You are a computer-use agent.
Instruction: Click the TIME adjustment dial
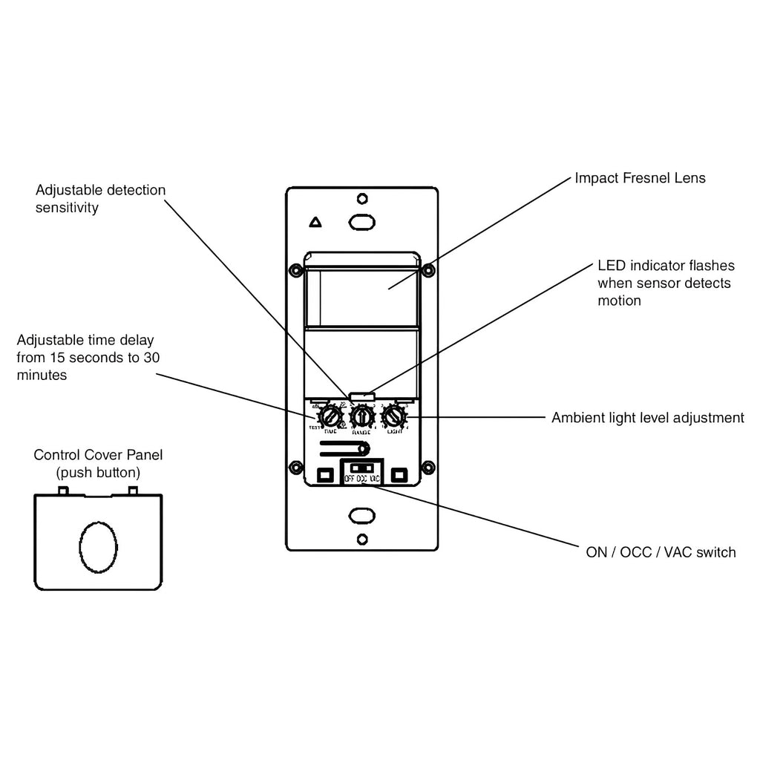pos(330,419)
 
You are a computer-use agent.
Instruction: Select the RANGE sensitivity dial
pos(361,417)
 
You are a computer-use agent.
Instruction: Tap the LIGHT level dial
pos(393,419)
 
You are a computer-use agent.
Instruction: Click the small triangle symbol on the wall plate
pos(315,222)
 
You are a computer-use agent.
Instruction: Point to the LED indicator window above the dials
pos(361,397)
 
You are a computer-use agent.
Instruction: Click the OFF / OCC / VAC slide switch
pos(361,469)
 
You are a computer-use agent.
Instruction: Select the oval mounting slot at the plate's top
pos(361,222)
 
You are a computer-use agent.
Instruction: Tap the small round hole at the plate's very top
pos(361,198)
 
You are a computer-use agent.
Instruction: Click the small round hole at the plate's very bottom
pos(361,538)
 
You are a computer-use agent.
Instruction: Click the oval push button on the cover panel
pos(97,547)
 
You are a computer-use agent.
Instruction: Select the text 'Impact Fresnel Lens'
pos(640,179)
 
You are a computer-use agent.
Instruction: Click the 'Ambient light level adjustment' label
pos(647,418)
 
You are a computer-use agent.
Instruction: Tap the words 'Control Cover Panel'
pos(98,455)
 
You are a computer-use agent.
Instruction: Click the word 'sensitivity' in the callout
pos(67,208)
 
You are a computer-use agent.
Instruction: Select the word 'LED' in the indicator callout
pos(610,266)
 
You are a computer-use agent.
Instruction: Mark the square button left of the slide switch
pos(324,474)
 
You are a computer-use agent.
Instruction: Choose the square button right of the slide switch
pos(399,474)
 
